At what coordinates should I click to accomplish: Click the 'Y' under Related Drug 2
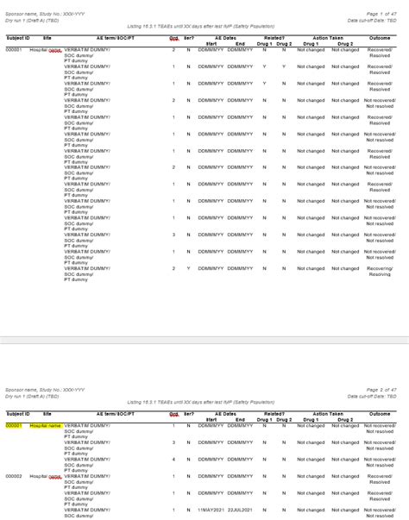(x=283, y=66)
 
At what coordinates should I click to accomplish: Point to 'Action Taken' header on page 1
(x=328, y=38)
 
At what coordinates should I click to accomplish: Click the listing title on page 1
(x=206, y=27)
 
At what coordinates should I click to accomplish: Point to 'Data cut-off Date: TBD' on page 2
(x=372, y=372)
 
